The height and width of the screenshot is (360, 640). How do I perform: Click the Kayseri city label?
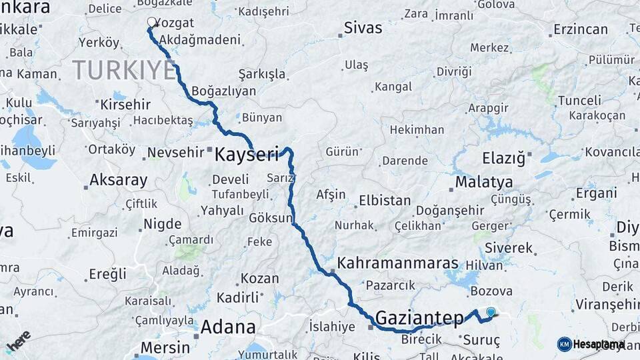[x=246, y=155]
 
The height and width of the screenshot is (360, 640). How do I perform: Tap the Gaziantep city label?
[x=419, y=317]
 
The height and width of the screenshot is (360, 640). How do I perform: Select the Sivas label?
[x=363, y=28]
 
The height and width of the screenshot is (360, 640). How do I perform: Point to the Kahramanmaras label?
[x=398, y=263]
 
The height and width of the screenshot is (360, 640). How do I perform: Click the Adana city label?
[x=228, y=327]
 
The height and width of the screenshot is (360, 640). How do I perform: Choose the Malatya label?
[x=484, y=182]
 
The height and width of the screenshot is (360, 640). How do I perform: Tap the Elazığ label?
[x=505, y=158]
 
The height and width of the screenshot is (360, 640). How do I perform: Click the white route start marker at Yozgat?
[x=151, y=22]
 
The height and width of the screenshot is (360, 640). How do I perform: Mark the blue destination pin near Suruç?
[x=491, y=311]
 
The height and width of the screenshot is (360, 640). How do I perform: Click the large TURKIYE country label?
[x=124, y=69]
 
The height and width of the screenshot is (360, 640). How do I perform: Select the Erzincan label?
[x=581, y=29]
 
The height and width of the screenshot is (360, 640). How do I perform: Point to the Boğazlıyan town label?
[x=223, y=91]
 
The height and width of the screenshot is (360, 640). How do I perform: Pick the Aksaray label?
[x=119, y=180]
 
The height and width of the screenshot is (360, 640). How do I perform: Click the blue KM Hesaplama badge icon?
[x=565, y=344]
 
